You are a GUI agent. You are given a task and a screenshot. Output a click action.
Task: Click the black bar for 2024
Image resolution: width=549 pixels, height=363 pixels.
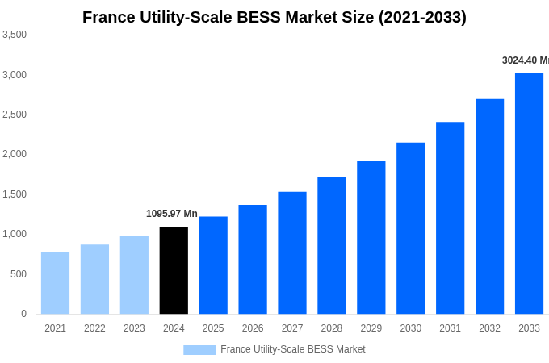pos(174,270)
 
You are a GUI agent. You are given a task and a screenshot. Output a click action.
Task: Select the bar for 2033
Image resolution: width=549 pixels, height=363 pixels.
pos(529,194)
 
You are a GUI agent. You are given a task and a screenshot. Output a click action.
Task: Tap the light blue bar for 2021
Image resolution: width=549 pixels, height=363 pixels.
pos(55,283)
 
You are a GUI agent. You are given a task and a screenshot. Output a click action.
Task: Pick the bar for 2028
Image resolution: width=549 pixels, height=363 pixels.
pos(331,245)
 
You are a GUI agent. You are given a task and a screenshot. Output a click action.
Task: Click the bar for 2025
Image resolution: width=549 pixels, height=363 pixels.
pos(213,265)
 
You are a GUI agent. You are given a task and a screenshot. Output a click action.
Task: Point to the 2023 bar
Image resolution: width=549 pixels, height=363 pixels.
pos(134,275)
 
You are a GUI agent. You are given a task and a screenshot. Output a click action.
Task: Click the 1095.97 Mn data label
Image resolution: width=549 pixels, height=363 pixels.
pos(171,214)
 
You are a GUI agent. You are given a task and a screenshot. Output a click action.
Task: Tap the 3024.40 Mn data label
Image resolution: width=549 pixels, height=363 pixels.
pos(525,60)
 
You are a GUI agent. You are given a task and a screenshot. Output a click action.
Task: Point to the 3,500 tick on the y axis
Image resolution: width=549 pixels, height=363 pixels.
pos(15,35)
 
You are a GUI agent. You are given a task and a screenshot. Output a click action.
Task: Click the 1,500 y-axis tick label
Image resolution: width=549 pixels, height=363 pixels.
pos(15,194)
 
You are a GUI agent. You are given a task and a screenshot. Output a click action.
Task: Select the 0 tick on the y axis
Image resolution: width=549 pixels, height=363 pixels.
pos(23,314)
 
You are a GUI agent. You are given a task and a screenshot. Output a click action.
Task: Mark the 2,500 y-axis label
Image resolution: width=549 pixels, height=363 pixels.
pos(15,115)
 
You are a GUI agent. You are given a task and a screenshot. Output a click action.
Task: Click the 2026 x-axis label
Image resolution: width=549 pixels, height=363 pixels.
pos(253,328)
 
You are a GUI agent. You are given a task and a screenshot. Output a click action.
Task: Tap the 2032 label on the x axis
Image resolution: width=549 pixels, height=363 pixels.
pos(489,328)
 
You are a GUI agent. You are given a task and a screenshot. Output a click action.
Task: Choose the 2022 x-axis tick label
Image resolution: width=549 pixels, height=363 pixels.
pos(94,328)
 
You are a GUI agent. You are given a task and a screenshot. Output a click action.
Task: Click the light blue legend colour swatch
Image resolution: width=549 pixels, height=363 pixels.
pos(199,350)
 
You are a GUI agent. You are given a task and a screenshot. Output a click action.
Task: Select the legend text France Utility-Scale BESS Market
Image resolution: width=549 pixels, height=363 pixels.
pos(292,349)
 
